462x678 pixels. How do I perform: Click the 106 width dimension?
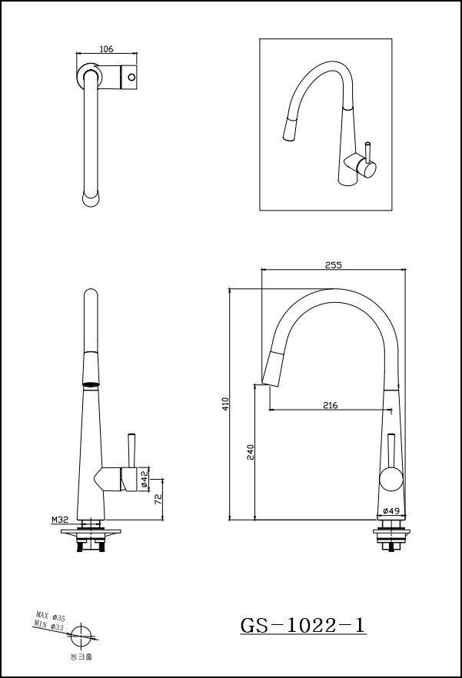[106, 49]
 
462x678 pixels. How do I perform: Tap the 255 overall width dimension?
[333, 264]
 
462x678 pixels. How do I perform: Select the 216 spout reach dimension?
[331, 404]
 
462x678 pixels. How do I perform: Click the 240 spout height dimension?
[251, 451]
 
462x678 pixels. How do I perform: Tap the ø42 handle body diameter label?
[144, 479]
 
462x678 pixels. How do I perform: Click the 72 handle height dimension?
[158, 499]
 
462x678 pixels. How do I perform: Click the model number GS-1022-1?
[303, 626]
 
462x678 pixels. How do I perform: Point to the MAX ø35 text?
[51, 617]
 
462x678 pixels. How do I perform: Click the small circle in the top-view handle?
[131, 78]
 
